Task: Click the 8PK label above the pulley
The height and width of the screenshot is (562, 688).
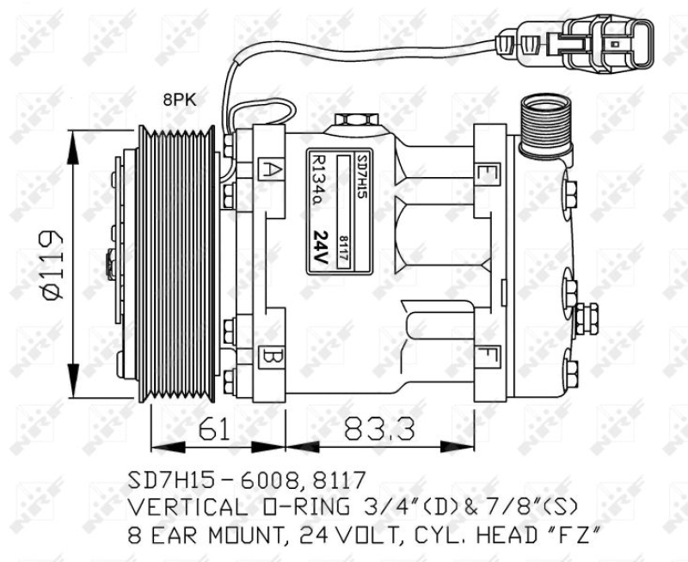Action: (x=180, y=101)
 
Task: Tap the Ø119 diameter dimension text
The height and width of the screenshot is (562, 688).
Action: (x=50, y=265)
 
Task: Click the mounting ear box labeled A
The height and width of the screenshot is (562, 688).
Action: (x=270, y=168)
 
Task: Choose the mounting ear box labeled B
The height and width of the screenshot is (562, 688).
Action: (x=270, y=355)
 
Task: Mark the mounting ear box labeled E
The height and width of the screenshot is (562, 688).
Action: (x=488, y=172)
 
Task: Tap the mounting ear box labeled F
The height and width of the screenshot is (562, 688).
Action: (x=488, y=354)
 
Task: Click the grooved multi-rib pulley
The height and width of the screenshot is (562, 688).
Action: (x=180, y=264)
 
